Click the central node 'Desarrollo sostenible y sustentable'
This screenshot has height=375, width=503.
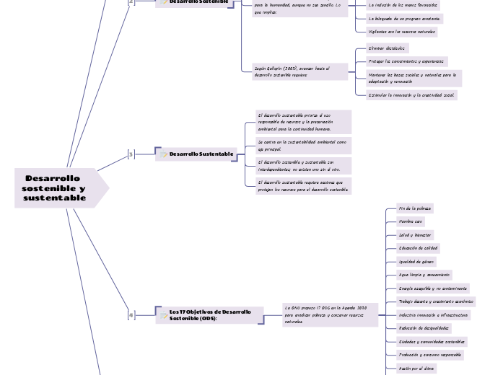click(x=55, y=188)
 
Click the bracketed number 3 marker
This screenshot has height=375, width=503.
click(x=131, y=154)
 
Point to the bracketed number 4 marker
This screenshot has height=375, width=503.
click(x=131, y=314)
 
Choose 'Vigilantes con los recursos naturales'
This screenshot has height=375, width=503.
click(x=402, y=32)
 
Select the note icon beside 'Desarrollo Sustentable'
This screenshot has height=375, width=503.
click(x=165, y=154)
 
